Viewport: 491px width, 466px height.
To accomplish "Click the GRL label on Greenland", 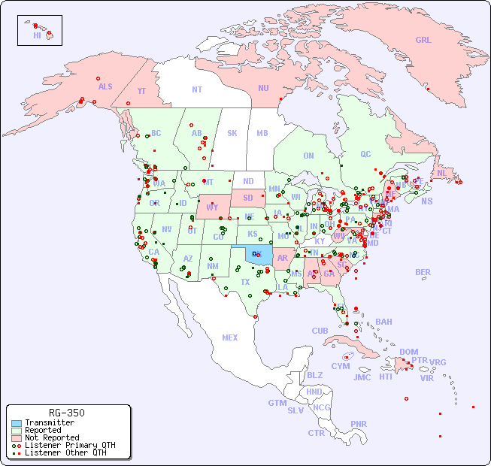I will click(423, 41).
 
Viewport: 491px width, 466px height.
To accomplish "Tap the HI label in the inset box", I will click(37, 35).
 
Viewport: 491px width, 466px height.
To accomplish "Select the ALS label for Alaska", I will click(105, 87).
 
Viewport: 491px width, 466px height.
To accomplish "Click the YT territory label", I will click(141, 91).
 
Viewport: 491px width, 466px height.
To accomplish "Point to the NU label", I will click(263, 88).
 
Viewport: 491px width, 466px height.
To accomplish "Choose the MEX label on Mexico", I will click(230, 337).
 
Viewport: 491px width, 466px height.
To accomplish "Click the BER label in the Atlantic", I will click(423, 272).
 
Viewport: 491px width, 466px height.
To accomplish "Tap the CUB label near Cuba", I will click(320, 331).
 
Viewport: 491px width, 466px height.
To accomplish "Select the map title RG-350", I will click(66, 413).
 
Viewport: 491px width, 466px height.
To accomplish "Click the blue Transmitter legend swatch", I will click(17, 423).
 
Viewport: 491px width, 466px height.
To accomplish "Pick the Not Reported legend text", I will click(51, 437).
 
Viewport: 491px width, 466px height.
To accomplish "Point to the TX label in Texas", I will click(245, 282).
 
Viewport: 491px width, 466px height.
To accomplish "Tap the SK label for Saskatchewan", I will click(232, 134).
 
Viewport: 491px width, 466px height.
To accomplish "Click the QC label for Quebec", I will click(365, 155).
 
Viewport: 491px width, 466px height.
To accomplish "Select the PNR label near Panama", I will click(359, 424).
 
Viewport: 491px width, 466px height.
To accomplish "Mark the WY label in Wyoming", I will click(213, 207).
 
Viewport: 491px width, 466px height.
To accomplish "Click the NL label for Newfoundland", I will click(441, 173).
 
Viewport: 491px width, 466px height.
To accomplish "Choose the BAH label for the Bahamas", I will click(383, 322).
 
